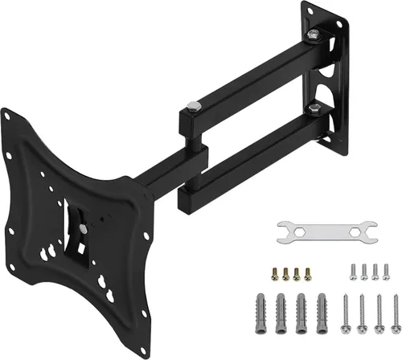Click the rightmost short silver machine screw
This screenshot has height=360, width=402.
pyautogui.click(x=385, y=271)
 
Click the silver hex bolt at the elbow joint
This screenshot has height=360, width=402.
pyautogui.click(x=193, y=106)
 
